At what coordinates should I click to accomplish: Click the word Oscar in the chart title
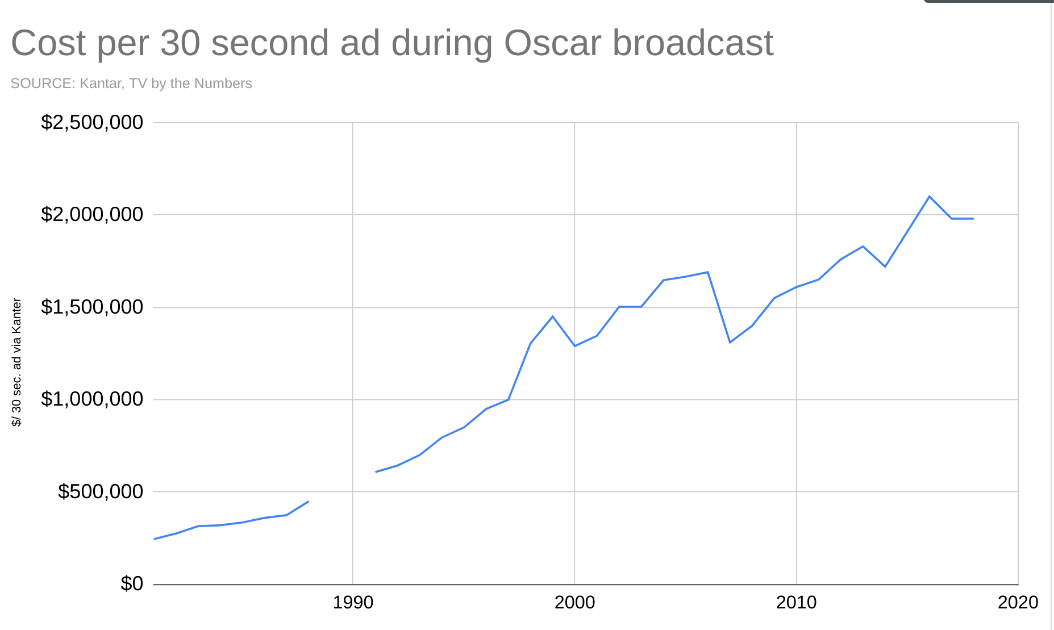[x=552, y=43]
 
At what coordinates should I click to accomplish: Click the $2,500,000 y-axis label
[x=92, y=122]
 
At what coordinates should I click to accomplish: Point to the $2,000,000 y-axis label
[x=92, y=214]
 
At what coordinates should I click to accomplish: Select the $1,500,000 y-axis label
[x=92, y=307]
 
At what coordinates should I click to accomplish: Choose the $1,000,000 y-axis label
[x=92, y=399]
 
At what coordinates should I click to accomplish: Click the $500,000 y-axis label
[x=101, y=491]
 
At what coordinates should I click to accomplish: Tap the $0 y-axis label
[x=132, y=583]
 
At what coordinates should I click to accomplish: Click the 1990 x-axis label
[x=353, y=602]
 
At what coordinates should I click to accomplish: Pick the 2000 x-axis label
[x=574, y=602]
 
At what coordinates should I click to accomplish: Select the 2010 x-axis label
[x=796, y=602]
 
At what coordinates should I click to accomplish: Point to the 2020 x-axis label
[x=1018, y=602]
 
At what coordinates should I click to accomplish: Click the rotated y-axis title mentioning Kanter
[x=16, y=362]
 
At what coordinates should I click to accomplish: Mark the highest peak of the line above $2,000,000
[x=929, y=197]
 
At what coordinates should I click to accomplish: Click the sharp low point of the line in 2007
[x=730, y=342]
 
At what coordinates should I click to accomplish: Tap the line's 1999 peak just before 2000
[x=552, y=316]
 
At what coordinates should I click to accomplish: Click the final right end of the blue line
[x=973, y=219]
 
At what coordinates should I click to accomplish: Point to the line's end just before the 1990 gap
[x=308, y=502]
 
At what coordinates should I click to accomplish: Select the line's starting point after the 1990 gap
[x=376, y=472]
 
